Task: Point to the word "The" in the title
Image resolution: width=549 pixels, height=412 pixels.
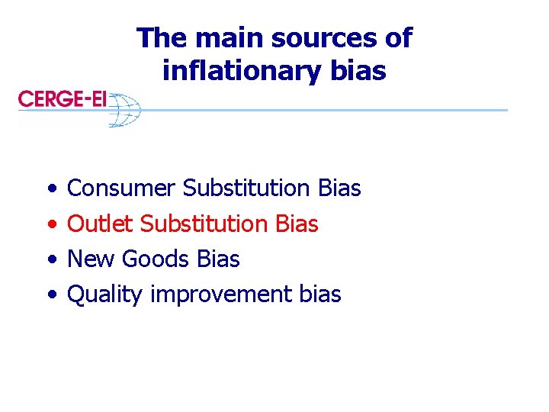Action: [159, 37]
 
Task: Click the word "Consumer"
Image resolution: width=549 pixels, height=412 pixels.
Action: [122, 188]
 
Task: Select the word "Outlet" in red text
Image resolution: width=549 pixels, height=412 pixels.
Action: [100, 224]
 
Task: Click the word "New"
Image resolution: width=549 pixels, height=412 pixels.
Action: [91, 259]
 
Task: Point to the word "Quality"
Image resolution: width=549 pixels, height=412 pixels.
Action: [105, 295]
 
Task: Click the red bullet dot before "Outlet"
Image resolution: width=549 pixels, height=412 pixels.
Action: [50, 224]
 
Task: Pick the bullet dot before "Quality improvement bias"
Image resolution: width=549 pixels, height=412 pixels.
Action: [50, 295]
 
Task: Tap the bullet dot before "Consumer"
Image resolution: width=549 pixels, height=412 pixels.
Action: [50, 188]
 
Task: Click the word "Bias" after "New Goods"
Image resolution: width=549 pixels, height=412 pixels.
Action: [218, 259]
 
